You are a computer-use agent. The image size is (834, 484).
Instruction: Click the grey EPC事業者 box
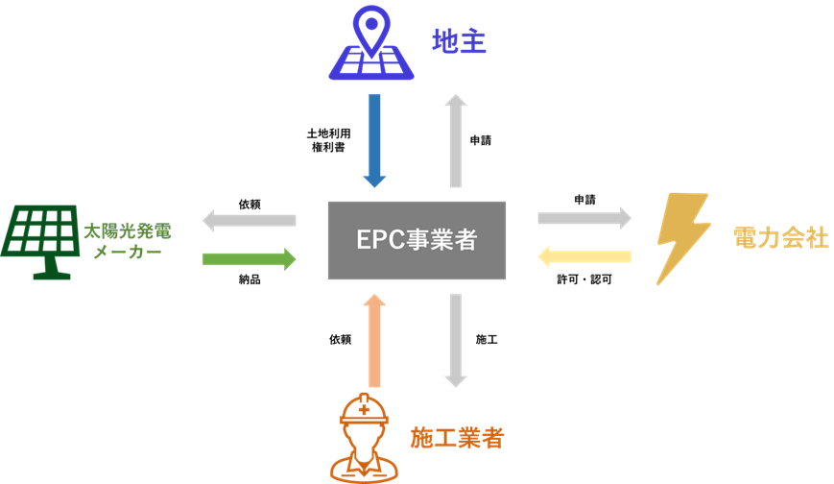pyautogui.click(x=417, y=240)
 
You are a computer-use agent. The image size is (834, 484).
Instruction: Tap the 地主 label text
pyautogui.click(x=459, y=41)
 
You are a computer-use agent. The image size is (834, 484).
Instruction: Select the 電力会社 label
pyautogui.click(x=779, y=238)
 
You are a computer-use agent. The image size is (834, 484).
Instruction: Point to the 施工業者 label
pyautogui.click(x=457, y=438)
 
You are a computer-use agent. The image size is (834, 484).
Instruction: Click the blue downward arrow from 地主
pyautogui.click(x=374, y=140)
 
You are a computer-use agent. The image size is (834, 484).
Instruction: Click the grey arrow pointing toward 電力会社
pyautogui.click(x=584, y=218)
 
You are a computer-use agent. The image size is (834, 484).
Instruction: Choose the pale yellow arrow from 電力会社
pyautogui.click(x=584, y=256)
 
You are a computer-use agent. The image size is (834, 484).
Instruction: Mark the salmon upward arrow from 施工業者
pyautogui.click(x=374, y=341)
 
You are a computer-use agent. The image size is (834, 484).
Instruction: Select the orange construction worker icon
pyautogui.click(x=364, y=437)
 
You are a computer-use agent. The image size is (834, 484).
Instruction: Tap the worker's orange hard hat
pyautogui.click(x=364, y=409)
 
